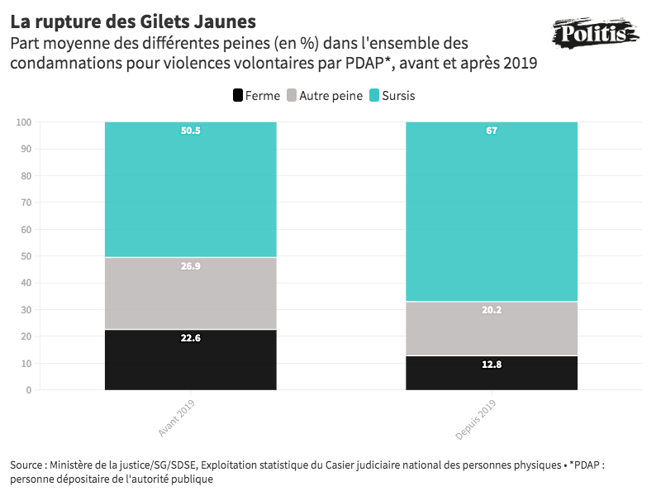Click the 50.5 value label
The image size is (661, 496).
(x=191, y=131)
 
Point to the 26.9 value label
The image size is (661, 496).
(x=191, y=266)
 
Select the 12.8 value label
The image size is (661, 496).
(x=492, y=364)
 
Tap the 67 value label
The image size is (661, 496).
(x=492, y=131)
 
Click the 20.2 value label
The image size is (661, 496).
(x=492, y=310)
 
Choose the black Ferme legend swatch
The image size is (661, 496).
(x=238, y=96)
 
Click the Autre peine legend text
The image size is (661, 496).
(x=330, y=96)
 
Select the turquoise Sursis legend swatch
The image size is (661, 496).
(x=373, y=96)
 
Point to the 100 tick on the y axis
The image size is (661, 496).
(x=23, y=122)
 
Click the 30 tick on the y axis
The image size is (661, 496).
(x=26, y=310)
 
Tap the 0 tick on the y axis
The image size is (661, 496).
(x=28, y=390)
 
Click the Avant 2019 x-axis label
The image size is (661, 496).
(x=176, y=417)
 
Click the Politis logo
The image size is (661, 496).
(x=594, y=34)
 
